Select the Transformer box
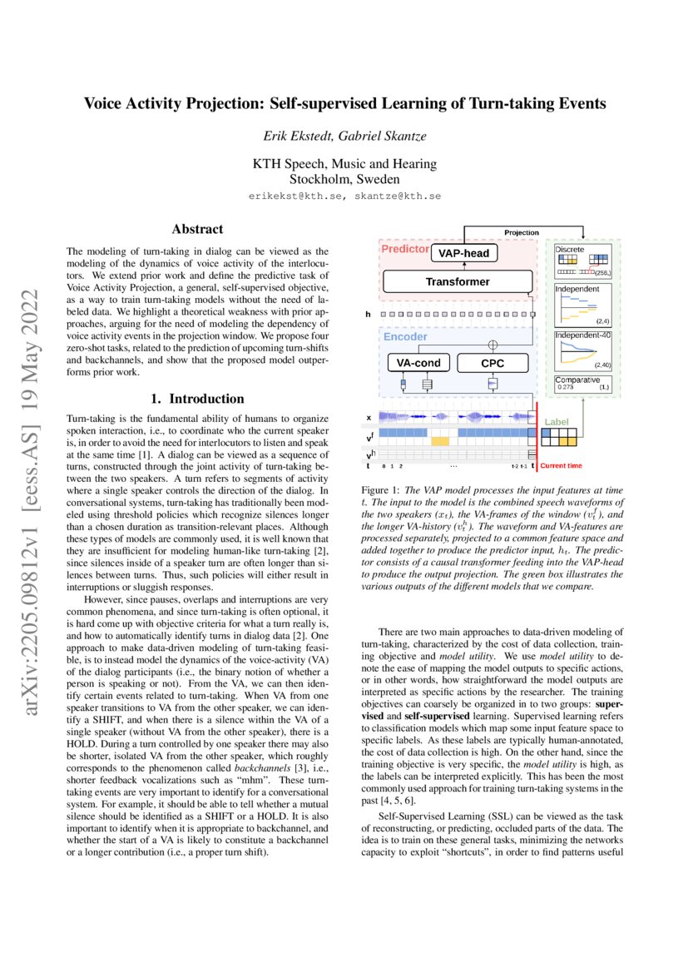457,282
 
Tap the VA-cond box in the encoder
419,364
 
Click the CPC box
492,364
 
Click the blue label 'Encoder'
405,337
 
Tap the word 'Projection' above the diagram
522,232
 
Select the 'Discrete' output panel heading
569,249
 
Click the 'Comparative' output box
576,380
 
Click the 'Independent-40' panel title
581,335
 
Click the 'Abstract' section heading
197,228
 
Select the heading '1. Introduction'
197,399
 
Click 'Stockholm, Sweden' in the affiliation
344,178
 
